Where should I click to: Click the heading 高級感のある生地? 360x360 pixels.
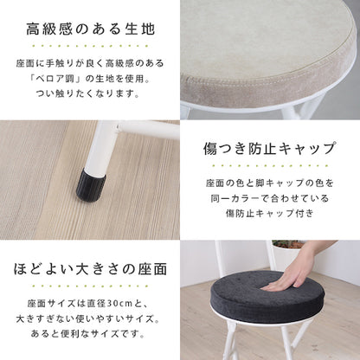click(x=90, y=29)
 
